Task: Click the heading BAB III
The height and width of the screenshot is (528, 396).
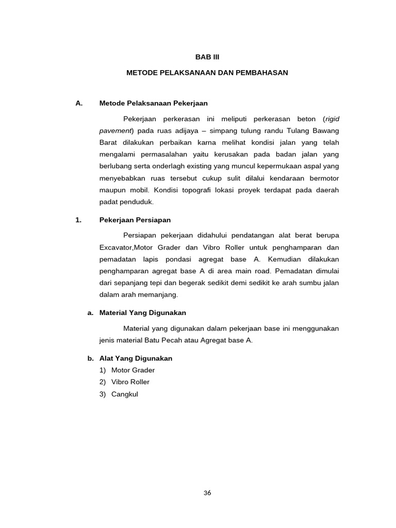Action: (x=207, y=57)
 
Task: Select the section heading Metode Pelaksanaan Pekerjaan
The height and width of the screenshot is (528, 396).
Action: (x=153, y=103)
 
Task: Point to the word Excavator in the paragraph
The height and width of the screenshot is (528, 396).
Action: (x=116, y=247)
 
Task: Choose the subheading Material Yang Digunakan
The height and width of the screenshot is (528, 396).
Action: (x=142, y=313)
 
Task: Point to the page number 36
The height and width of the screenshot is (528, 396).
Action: (x=207, y=492)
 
